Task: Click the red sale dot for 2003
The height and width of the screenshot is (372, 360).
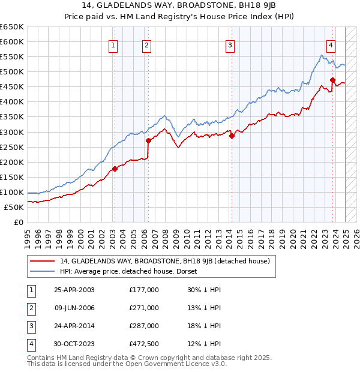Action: [x=115, y=169]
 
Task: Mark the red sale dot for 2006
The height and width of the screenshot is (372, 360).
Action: [x=148, y=140]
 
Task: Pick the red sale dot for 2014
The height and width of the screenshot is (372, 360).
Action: [x=232, y=136]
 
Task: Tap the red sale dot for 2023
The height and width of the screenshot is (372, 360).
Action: [x=332, y=79]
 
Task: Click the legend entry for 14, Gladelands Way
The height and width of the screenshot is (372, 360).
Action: [x=165, y=261]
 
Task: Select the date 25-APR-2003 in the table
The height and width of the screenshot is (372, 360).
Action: [x=74, y=290]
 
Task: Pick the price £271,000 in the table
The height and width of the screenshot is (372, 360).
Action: [x=144, y=308]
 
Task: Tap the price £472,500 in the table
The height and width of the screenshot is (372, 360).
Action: [x=144, y=344]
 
